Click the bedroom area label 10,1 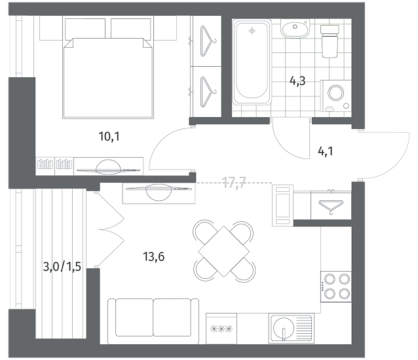(109, 137)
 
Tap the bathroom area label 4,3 (297, 81)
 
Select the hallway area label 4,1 (326, 151)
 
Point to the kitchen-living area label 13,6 (154, 257)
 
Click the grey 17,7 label (234, 183)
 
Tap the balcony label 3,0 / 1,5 (62, 266)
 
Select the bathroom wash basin (295, 29)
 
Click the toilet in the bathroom (330, 41)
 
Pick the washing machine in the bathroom (336, 96)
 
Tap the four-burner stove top (336, 287)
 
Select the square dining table (223, 251)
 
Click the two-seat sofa (153, 321)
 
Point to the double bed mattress (108, 78)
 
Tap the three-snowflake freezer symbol (221, 329)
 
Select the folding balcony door (110, 229)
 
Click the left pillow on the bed (85, 29)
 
